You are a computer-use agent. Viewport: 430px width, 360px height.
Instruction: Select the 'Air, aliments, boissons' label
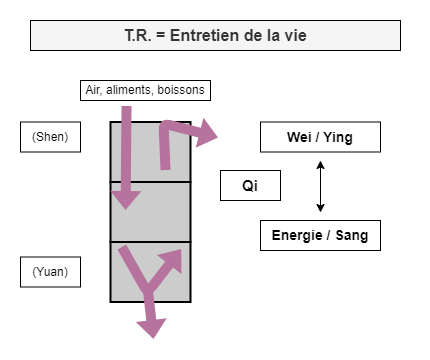pyautogui.click(x=145, y=90)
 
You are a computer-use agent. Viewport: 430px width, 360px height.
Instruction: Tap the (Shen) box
pyautogui.click(x=50, y=137)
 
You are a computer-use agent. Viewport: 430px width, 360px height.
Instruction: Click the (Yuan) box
pyautogui.click(x=50, y=271)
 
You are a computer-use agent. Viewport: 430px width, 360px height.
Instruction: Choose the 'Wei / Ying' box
pyautogui.click(x=320, y=137)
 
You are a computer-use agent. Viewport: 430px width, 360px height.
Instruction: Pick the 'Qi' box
pyautogui.click(x=250, y=186)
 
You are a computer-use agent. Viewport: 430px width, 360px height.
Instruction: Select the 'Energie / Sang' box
pyautogui.click(x=320, y=236)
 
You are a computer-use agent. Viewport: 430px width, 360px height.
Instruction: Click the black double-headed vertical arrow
pyautogui.click(x=320, y=186)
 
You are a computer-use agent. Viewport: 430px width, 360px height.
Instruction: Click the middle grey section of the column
pyautogui.click(x=150, y=211)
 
